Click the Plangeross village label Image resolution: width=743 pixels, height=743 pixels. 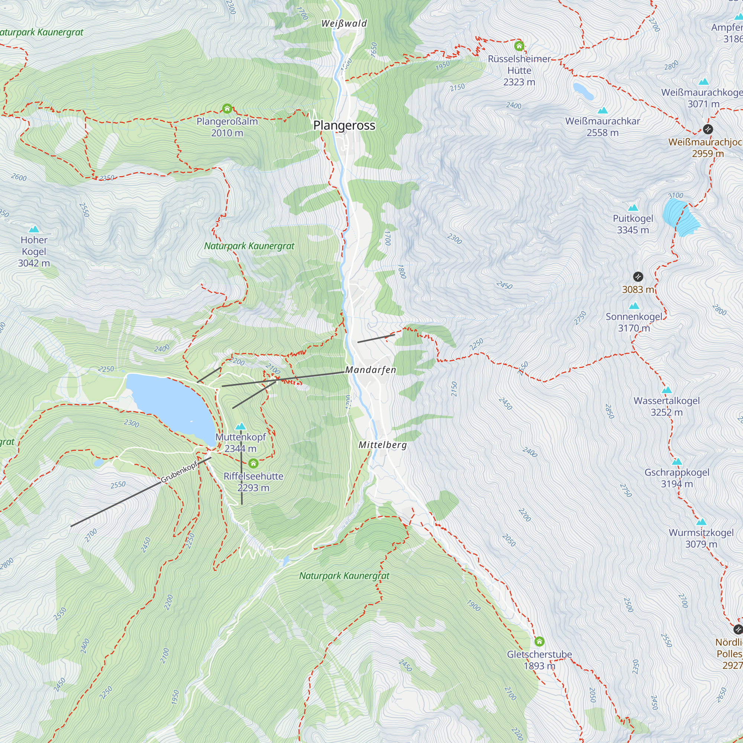coord(344,125)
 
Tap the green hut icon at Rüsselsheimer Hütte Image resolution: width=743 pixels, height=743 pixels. coord(519,46)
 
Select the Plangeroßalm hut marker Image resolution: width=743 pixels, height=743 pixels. coord(227,108)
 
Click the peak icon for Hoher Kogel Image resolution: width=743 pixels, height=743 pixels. coord(34,229)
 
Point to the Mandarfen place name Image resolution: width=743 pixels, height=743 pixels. coord(370,370)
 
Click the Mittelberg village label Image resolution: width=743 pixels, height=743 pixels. coord(382,445)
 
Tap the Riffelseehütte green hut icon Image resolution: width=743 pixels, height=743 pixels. coord(253,463)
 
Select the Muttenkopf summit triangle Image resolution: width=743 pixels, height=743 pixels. coord(240,426)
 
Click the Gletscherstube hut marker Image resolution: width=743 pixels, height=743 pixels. coord(539,641)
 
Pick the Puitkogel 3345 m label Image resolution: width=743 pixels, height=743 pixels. coord(633,224)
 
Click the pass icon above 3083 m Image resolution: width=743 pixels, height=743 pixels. coord(638,276)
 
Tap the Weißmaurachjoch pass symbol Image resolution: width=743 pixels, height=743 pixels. coord(708,129)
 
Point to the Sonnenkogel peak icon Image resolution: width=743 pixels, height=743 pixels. coord(634,306)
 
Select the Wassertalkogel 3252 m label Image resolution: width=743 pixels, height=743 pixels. coord(666,406)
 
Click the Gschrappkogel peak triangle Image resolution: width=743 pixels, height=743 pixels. coord(677,461)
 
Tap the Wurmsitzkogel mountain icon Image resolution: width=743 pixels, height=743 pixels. coord(701,522)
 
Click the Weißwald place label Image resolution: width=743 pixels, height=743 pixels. coord(344,23)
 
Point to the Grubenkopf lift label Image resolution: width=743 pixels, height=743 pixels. coord(179,471)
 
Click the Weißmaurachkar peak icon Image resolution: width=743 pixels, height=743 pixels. coord(603,110)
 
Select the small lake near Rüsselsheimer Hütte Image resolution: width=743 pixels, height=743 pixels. coord(583,90)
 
